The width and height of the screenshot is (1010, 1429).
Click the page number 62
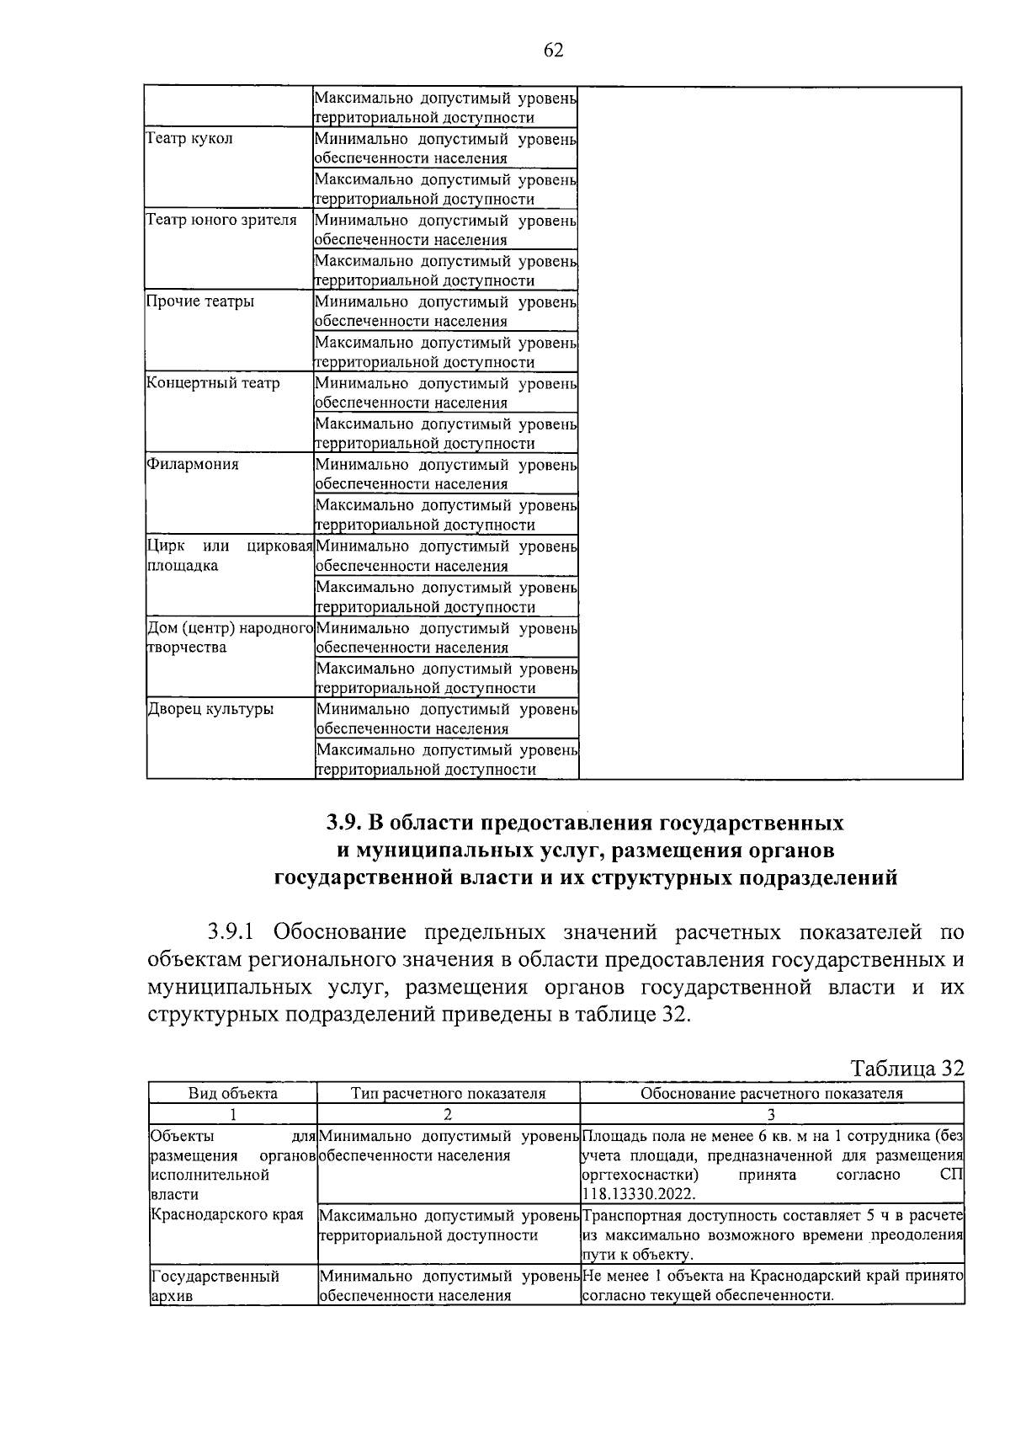pyautogui.click(x=553, y=51)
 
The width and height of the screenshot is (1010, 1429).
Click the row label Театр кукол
pyautogui.click(x=189, y=138)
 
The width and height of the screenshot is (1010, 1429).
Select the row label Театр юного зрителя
pyautogui.click(x=221, y=220)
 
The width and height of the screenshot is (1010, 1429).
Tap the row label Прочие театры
pyautogui.click(x=200, y=301)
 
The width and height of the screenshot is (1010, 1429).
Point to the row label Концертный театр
pyautogui.click(x=213, y=383)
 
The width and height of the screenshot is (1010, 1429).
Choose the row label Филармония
pyautogui.click(x=193, y=465)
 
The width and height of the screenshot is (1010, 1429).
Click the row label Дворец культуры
pyautogui.click(x=210, y=709)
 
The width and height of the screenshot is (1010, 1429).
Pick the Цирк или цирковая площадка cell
pyautogui.click(x=230, y=556)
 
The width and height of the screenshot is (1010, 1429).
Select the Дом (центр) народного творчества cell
pyautogui.click(x=230, y=637)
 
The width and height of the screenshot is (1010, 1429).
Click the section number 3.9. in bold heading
pyautogui.click(x=344, y=821)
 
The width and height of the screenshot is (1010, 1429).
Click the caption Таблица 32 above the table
pyautogui.click(x=906, y=1069)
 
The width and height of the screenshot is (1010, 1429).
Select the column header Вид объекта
pyautogui.click(x=232, y=1094)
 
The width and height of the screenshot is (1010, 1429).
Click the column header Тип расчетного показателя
pyautogui.click(x=448, y=1094)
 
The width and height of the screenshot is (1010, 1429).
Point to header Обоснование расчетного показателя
pyautogui.click(x=771, y=1094)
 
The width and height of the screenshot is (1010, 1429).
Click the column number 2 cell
pyautogui.click(x=448, y=1114)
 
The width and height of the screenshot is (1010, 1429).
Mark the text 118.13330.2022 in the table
pyautogui.click(x=637, y=1194)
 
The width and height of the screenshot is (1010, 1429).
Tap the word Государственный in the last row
pyautogui.click(x=215, y=1277)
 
